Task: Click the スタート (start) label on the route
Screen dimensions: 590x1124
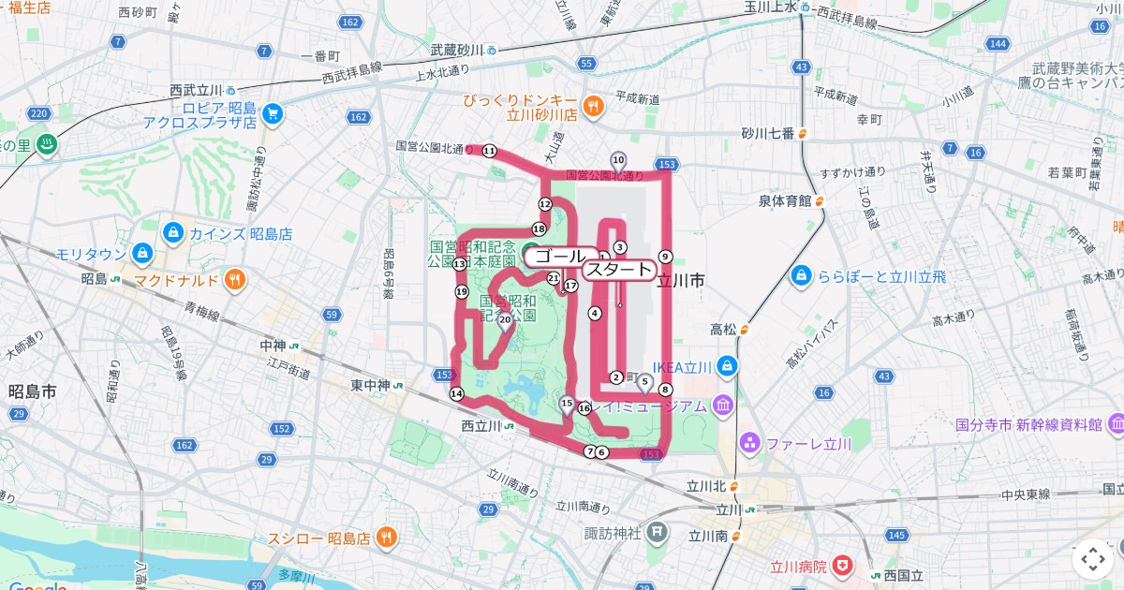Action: [x=618, y=271]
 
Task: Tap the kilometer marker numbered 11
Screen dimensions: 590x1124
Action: [x=489, y=150]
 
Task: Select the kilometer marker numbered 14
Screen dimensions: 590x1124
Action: [x=456, y=394]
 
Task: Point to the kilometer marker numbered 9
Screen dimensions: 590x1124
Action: [x=665, y=257]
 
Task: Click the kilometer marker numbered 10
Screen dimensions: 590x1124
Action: [x=618, y=160]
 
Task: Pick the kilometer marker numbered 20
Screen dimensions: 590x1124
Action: [x=505, y=320]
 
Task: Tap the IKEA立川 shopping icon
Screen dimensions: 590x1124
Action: [x=728, y=366]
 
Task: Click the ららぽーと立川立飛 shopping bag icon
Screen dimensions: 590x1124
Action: [x=801, y=276]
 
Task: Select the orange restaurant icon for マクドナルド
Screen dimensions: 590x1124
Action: [x=235, y=278]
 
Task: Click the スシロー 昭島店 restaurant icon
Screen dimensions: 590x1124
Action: [x=386, y=538]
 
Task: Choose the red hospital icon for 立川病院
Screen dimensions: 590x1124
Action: [x=844, y=566]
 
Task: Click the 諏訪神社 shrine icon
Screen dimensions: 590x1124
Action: [x=658, y=533]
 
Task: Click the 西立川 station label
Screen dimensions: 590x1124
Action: [x=482, y=425]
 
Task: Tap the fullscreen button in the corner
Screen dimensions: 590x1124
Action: [x=1092, y=559]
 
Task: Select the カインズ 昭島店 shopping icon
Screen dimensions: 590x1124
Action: [x=172, y=232]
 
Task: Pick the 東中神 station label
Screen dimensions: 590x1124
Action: [x=370, y=385]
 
